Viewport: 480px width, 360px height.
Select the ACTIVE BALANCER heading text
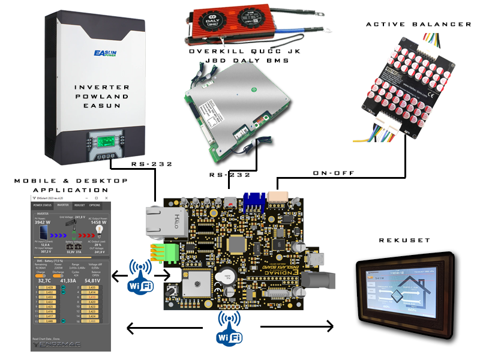coord(419,24)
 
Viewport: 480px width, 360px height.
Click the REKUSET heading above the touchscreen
coord(405,240)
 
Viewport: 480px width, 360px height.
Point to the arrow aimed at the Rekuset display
coord(297,327)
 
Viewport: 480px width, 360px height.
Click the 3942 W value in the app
coord(42,223)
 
